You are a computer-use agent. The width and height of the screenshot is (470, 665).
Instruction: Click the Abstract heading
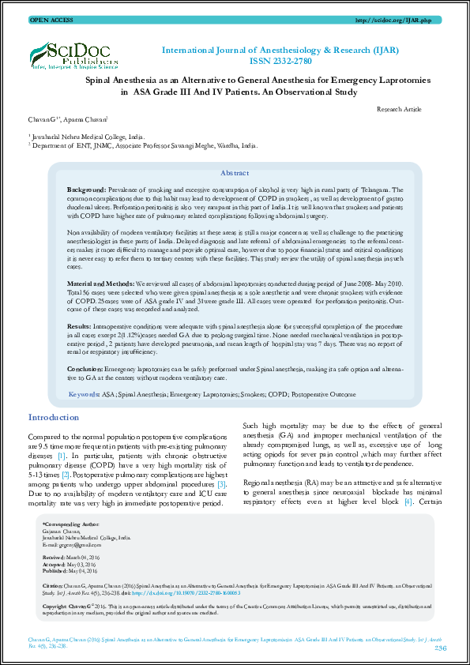235,173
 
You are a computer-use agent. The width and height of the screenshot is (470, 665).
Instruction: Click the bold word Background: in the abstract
86,191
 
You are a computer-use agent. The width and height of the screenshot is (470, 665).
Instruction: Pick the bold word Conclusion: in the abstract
85,368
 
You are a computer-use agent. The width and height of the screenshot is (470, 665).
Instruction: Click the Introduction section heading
54,417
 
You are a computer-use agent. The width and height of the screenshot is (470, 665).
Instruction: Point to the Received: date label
54,557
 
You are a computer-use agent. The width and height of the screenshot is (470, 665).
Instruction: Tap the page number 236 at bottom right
440,648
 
